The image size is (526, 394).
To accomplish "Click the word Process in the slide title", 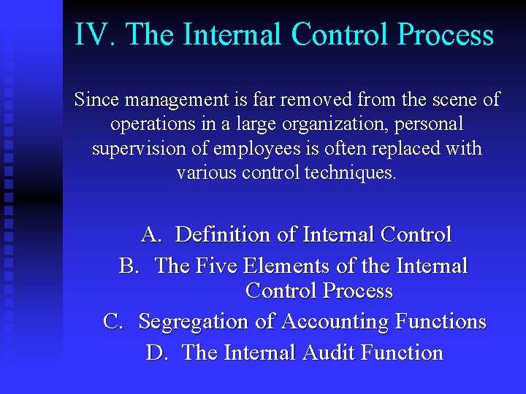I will [x=449, y=35].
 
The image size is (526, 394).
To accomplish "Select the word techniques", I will [x=347, y=174].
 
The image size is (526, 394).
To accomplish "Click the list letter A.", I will [x=151, y=235].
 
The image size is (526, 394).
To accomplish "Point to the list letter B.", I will [x=129, y=266].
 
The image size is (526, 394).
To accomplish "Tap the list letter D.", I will [x=156, y=352].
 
